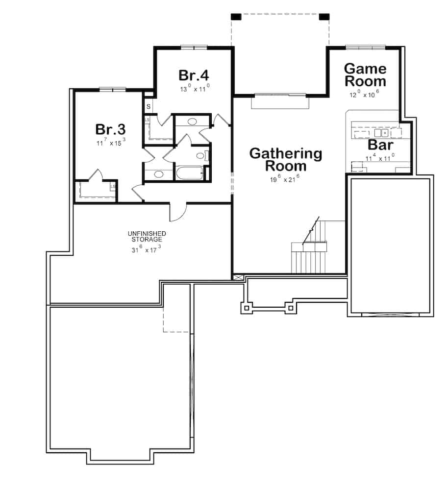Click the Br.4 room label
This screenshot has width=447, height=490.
194,75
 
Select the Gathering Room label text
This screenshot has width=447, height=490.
286,160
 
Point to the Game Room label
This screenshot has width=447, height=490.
365,74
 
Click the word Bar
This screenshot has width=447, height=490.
380,146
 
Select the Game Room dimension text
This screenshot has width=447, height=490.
364,95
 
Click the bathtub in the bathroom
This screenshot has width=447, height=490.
189,174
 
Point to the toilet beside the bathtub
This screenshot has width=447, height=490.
200,156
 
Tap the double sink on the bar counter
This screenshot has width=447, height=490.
381,132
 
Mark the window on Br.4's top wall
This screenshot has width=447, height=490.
194,48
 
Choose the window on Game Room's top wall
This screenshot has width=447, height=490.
365,48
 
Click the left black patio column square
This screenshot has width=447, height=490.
236,17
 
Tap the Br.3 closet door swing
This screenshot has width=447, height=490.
97,175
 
